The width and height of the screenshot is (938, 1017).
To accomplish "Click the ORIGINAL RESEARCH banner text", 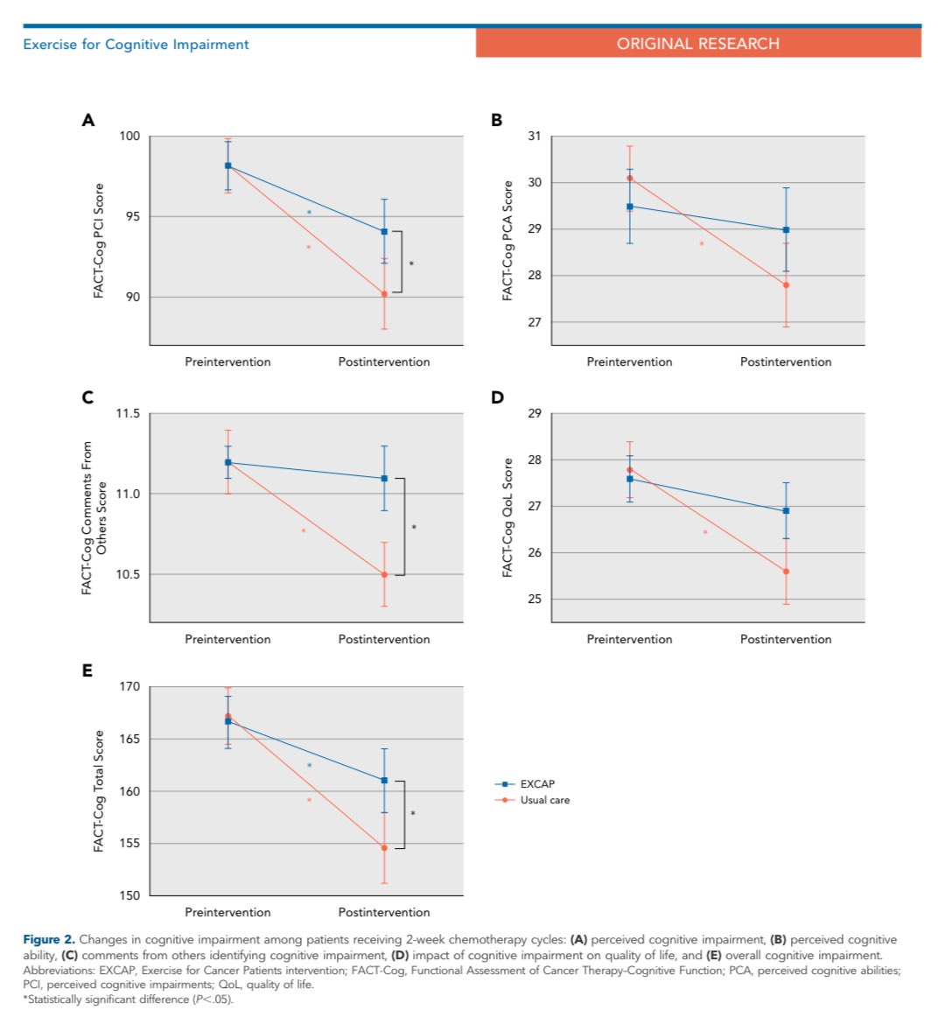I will (697, 44).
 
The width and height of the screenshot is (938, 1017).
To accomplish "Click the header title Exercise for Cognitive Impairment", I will (136, 45).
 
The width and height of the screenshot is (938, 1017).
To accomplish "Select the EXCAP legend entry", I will (536, 784).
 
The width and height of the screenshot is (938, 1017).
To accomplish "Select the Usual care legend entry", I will (544, 800).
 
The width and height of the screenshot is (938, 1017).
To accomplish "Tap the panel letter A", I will (87, 121).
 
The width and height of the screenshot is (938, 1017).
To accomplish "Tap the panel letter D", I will (497, 398).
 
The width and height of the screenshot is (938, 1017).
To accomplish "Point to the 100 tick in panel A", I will (129, 137).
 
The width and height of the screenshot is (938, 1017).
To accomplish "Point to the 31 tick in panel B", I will (534, 137).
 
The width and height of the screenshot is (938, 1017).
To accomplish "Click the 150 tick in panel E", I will (129, 896).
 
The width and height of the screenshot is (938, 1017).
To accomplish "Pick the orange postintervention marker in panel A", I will (384, 294).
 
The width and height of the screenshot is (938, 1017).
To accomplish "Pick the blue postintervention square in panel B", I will (786, 230).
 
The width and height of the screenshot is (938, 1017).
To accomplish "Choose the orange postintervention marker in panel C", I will (384, 575).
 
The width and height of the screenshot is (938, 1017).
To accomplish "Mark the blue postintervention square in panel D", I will (786, 511).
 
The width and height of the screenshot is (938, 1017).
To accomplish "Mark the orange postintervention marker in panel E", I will (384, 847).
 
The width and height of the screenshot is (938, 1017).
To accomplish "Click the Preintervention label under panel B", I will (629, 361).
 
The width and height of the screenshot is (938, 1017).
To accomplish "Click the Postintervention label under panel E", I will (384, 912).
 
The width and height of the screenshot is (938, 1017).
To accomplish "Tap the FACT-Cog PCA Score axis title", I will (507, 241).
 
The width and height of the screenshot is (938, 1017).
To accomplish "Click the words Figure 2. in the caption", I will (49, 940).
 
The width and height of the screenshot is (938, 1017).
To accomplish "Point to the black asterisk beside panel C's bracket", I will (414, 527).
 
